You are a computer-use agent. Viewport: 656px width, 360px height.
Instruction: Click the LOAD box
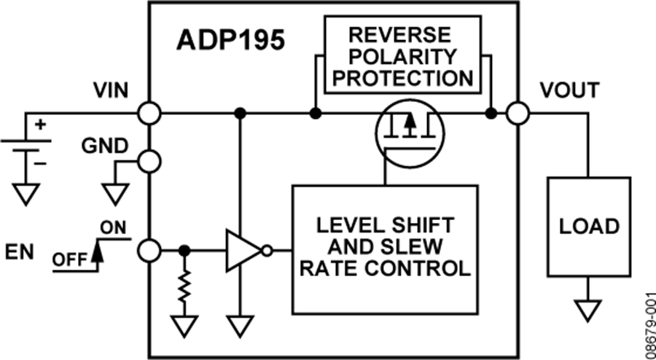(x=589, y=226)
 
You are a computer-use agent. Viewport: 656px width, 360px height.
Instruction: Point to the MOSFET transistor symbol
(x=409, y=131)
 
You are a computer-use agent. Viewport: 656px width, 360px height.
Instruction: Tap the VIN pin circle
(x=149, y=114)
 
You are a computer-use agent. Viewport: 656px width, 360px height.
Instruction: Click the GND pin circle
(x=149, y=162)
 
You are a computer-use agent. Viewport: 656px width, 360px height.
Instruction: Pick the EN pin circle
(x=149, y=251)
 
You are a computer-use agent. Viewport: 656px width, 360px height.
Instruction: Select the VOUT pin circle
(x=518, y=114)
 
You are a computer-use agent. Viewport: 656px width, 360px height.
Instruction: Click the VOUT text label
(x=569, y=90)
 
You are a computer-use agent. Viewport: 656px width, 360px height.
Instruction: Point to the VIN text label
(x=111, y=90)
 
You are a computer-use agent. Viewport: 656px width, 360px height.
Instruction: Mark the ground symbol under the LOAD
(x=589, y=312)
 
